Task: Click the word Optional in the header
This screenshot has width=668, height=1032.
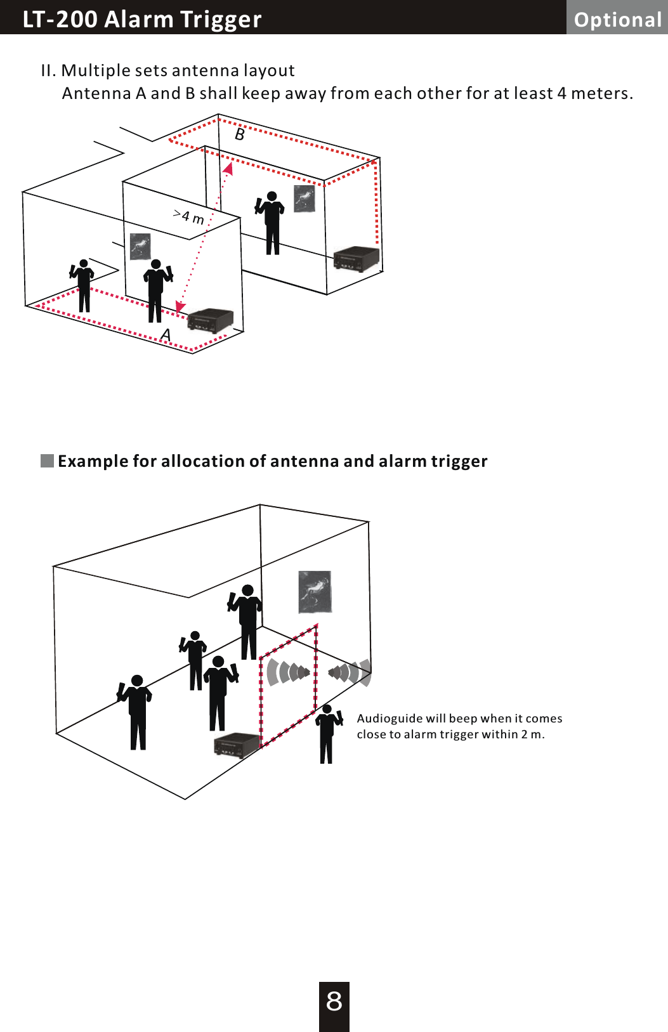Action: [x=617, y=20]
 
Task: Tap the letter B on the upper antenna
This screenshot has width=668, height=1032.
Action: [x=240, y=134]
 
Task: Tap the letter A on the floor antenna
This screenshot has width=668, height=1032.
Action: [x=166, y=335]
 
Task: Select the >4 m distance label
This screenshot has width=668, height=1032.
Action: [x=189, y=217]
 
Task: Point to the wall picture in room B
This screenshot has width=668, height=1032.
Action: [x=305, y=199]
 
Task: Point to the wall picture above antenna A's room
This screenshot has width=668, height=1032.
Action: [x=140, y=246]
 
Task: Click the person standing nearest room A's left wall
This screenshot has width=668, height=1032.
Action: [x=83, y=285]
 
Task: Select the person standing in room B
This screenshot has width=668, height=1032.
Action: [x=272, y=222]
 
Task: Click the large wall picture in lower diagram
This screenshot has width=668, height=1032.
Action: [x=315, y=592]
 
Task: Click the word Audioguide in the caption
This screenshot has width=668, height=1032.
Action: [x=390, y=718]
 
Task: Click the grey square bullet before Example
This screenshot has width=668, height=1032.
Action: [x=48, y=460]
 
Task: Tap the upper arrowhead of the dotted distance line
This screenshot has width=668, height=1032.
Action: [x=228, y=168]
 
